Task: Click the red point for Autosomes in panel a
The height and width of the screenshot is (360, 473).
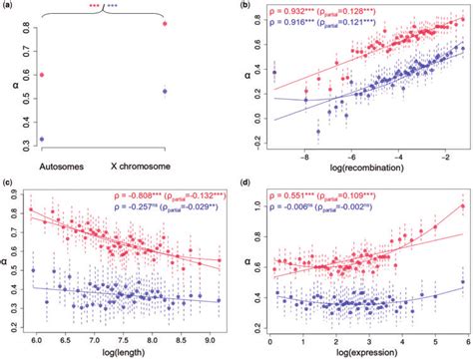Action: pos(41,75)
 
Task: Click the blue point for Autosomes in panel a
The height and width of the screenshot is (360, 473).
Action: pos(41,139)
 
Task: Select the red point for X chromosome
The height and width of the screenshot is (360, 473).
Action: pos(166,23)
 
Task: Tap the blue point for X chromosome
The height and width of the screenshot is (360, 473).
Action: pos(166,91)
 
